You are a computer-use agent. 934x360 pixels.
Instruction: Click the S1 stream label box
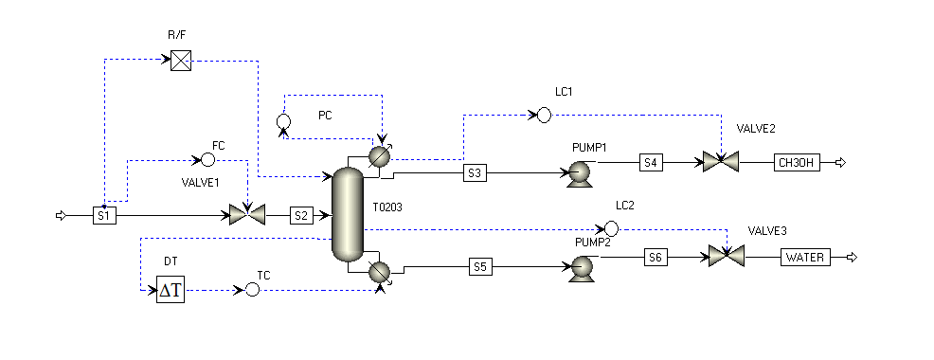[x=104, y=216]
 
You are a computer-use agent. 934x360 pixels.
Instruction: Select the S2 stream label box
[x=301, y=216]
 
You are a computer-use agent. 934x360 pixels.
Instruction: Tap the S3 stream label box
[x=475, y=173]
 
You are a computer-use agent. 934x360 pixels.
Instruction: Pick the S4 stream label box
[x=651, y=161]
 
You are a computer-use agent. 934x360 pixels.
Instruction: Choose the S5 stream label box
[x=480, y=267]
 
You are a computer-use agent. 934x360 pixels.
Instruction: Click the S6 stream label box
[x=656, y=258]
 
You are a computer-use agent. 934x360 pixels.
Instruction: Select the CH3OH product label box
[x=797, y=162]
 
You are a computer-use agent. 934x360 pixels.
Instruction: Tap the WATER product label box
[x=805, y=258]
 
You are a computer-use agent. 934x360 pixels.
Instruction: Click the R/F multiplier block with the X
[x=181, y=61]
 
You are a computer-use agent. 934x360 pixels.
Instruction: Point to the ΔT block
[x=171, y=289]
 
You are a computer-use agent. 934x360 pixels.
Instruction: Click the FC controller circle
[x=207, y=160]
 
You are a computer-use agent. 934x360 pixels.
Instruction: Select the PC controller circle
[x=284, y=121]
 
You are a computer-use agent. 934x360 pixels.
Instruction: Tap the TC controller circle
[x=253, y=289]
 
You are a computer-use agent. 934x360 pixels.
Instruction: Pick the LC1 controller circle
[x=544, y=115]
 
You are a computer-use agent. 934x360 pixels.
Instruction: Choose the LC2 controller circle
[x=611, y=228]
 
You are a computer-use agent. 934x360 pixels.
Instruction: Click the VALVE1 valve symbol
[x=247, y=214]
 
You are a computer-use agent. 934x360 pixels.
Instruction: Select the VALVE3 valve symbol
[x=727, y=257]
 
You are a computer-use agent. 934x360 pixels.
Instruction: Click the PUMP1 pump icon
[x=579, y=173]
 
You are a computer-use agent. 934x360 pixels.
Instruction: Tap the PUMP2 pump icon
[x=582, y=267]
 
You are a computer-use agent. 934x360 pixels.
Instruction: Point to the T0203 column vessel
[x=348, y=214]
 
